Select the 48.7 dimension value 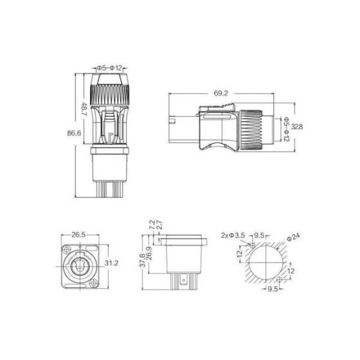tap(84, 110)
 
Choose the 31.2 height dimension tap(111, 263)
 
